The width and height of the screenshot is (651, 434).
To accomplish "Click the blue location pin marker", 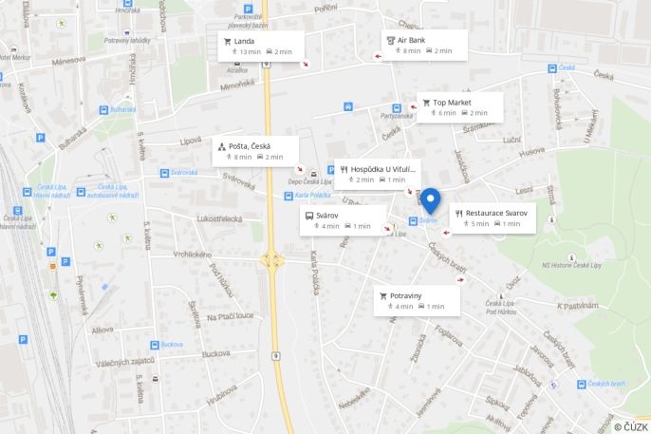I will tap(430, 200).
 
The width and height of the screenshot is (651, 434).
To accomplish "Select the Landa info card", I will tap(258, 46).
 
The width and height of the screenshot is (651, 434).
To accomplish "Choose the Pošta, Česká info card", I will tap(255, 150).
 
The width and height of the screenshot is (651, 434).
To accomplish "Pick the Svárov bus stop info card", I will tap(343, 220).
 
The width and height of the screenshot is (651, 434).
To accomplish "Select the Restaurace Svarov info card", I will tap(493, 217).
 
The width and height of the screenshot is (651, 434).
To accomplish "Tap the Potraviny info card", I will tap(417, 300).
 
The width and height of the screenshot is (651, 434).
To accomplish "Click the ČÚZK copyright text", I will tap(630, 427).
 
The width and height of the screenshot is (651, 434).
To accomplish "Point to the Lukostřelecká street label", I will tap(220, 219).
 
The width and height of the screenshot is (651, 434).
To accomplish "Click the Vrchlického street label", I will tap(193, 255).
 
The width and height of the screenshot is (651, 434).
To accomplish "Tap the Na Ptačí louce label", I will tap(231, 316).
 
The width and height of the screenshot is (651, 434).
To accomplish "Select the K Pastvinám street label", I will tap(576, 306).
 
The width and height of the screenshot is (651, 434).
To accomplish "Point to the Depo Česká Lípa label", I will tap(310, 181).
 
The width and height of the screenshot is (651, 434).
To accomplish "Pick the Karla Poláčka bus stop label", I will tap(312, 196).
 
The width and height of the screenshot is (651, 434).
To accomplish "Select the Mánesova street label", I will tap(69, 60).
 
